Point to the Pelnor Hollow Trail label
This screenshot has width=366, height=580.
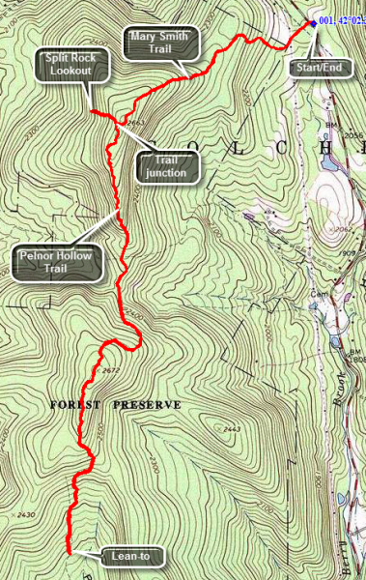(x=54, y=261)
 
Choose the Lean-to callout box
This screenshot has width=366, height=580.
(x=131, y=556)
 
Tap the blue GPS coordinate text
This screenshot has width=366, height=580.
(x=340, y=20)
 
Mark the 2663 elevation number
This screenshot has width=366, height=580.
(x=135, y=123)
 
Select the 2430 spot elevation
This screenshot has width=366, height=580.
(x=26, y=514)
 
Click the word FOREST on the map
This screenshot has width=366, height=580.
(x=75, y=404)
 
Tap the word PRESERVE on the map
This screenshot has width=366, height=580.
(x=146, y=404)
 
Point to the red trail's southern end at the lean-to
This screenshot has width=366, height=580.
(x=69, y=550)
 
